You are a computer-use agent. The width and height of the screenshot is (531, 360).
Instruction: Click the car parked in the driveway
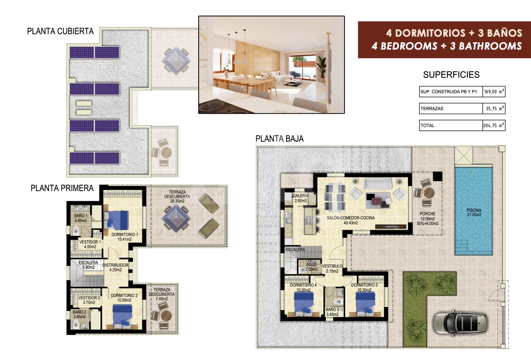(460, 323)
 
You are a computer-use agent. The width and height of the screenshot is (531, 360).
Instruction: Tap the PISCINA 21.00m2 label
(474, 212)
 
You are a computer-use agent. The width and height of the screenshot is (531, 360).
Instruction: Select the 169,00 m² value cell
(494, 92)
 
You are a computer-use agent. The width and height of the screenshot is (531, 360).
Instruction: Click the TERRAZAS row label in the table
(432, 109)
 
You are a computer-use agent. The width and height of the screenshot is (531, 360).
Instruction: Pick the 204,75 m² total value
(494, 126)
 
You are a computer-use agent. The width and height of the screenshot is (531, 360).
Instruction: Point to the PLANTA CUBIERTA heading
(60, 31)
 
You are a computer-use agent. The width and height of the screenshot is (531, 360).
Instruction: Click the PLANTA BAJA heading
(280, 139)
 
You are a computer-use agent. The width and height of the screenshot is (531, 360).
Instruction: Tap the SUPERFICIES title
(452, 75)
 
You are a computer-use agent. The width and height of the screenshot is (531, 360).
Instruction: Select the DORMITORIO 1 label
(125, 237)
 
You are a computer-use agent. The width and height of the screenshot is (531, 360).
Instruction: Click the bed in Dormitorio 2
(122, 316)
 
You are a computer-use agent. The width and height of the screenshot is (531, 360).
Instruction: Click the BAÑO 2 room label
(79, 314)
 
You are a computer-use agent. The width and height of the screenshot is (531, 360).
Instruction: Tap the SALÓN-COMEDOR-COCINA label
(351, 220)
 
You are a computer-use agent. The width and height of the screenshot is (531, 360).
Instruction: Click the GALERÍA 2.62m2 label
(301, 198)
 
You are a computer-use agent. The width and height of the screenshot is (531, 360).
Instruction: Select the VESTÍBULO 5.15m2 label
(332, 269)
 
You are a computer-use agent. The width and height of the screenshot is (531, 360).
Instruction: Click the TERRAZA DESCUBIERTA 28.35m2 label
(177, 197)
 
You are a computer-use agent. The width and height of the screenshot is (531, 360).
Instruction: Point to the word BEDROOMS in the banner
(409, 46)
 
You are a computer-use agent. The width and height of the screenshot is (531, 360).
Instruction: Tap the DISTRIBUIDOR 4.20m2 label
(115, 267)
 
